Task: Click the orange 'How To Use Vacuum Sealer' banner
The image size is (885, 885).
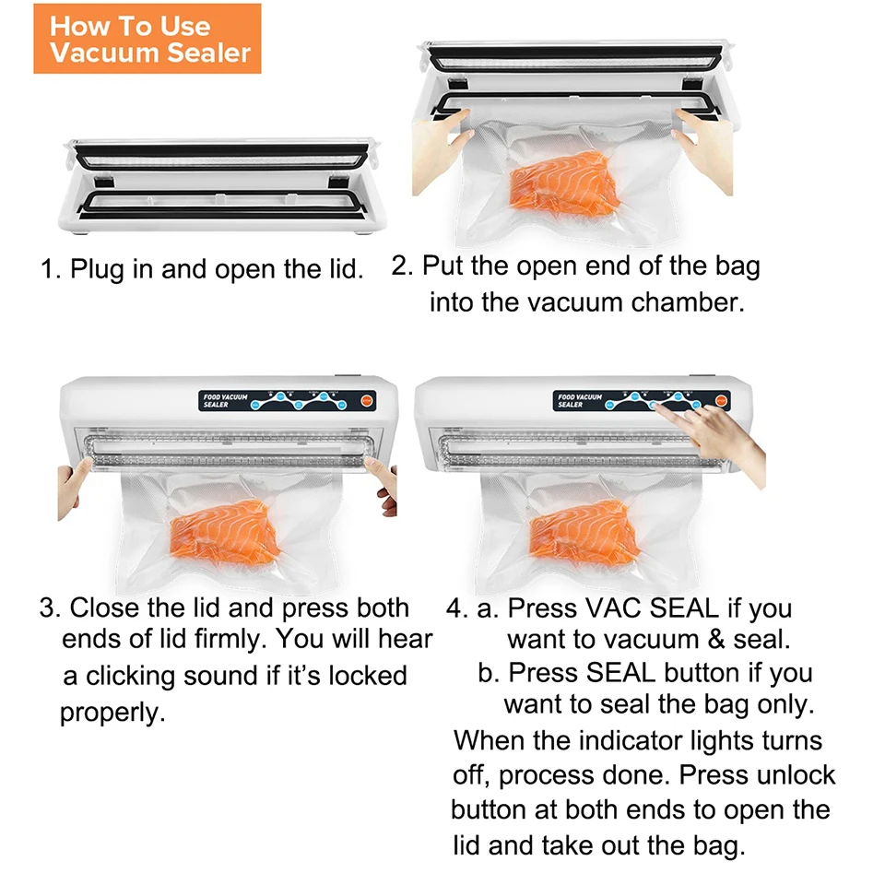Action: coord(147,39)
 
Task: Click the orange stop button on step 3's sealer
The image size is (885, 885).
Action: coord(367,401)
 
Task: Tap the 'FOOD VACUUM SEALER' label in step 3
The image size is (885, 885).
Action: coord(225,401)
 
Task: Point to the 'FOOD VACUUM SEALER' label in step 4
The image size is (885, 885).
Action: coord(580,401)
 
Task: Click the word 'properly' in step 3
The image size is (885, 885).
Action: coord(112,713)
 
